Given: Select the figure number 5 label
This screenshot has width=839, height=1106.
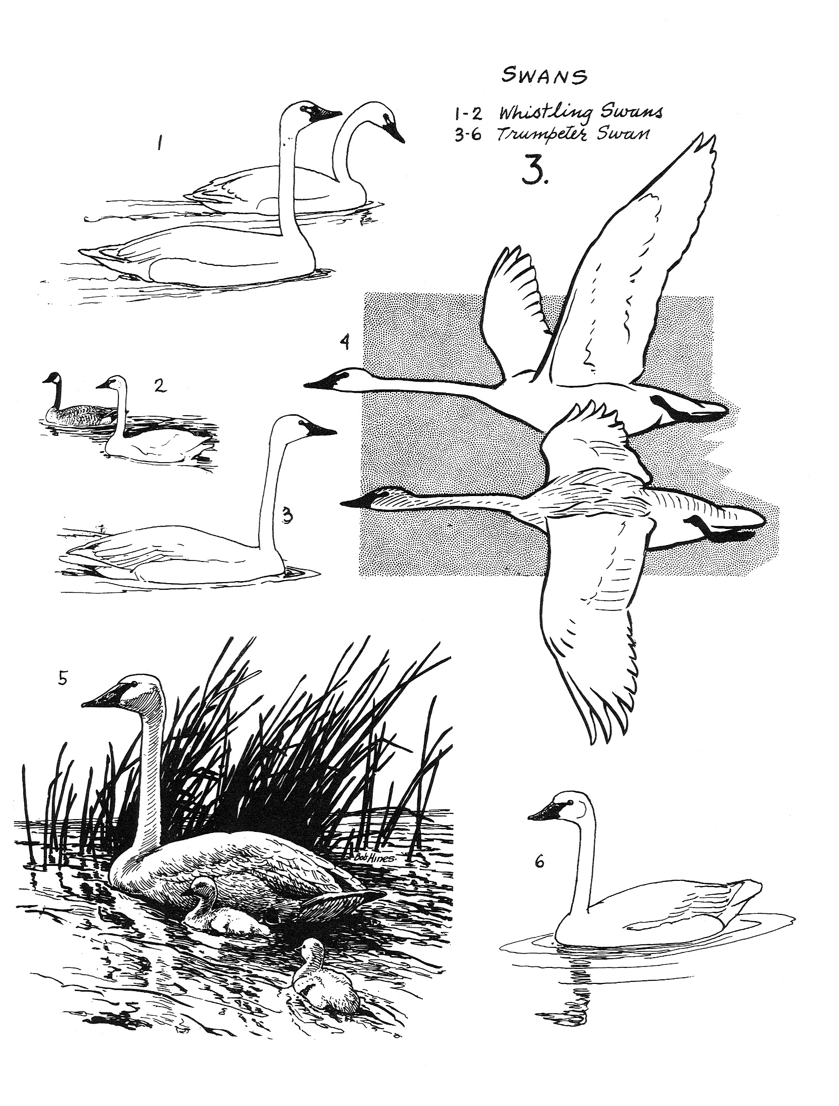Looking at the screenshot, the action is (62, 678).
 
